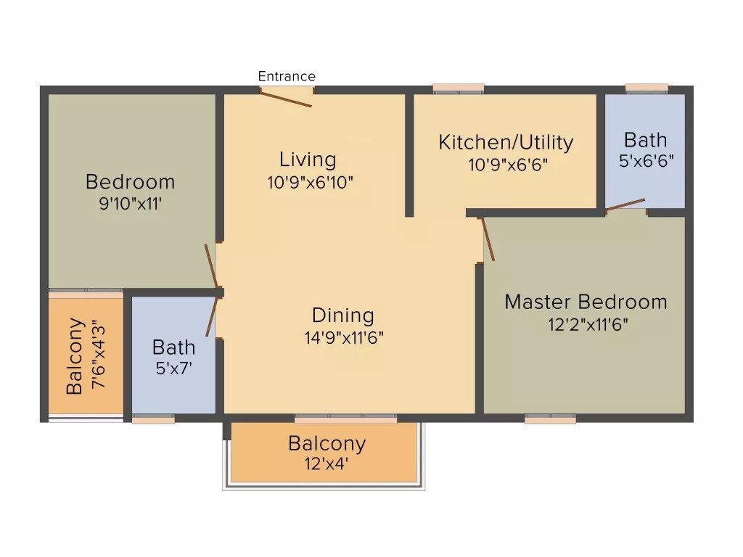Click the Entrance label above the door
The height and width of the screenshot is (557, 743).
287,76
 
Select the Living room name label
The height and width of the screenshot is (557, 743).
308,160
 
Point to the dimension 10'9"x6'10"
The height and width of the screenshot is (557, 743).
310,182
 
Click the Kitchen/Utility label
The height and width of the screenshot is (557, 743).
506,142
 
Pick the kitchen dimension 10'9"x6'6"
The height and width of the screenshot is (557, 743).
507,165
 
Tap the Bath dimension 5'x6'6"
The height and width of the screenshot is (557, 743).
645,161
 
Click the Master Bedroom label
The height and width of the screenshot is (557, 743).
586,302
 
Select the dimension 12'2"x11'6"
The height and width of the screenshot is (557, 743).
587,324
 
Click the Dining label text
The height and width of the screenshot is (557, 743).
343,315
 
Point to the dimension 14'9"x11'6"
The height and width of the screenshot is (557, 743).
344,337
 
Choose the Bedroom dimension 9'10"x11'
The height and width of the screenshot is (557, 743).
131,204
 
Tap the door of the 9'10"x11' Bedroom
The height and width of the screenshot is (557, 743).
211,266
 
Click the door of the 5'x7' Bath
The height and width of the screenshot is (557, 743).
212,316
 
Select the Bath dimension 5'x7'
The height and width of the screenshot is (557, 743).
173,368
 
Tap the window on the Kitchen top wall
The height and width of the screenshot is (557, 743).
458,88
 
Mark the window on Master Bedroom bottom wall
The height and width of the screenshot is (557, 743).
550,418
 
